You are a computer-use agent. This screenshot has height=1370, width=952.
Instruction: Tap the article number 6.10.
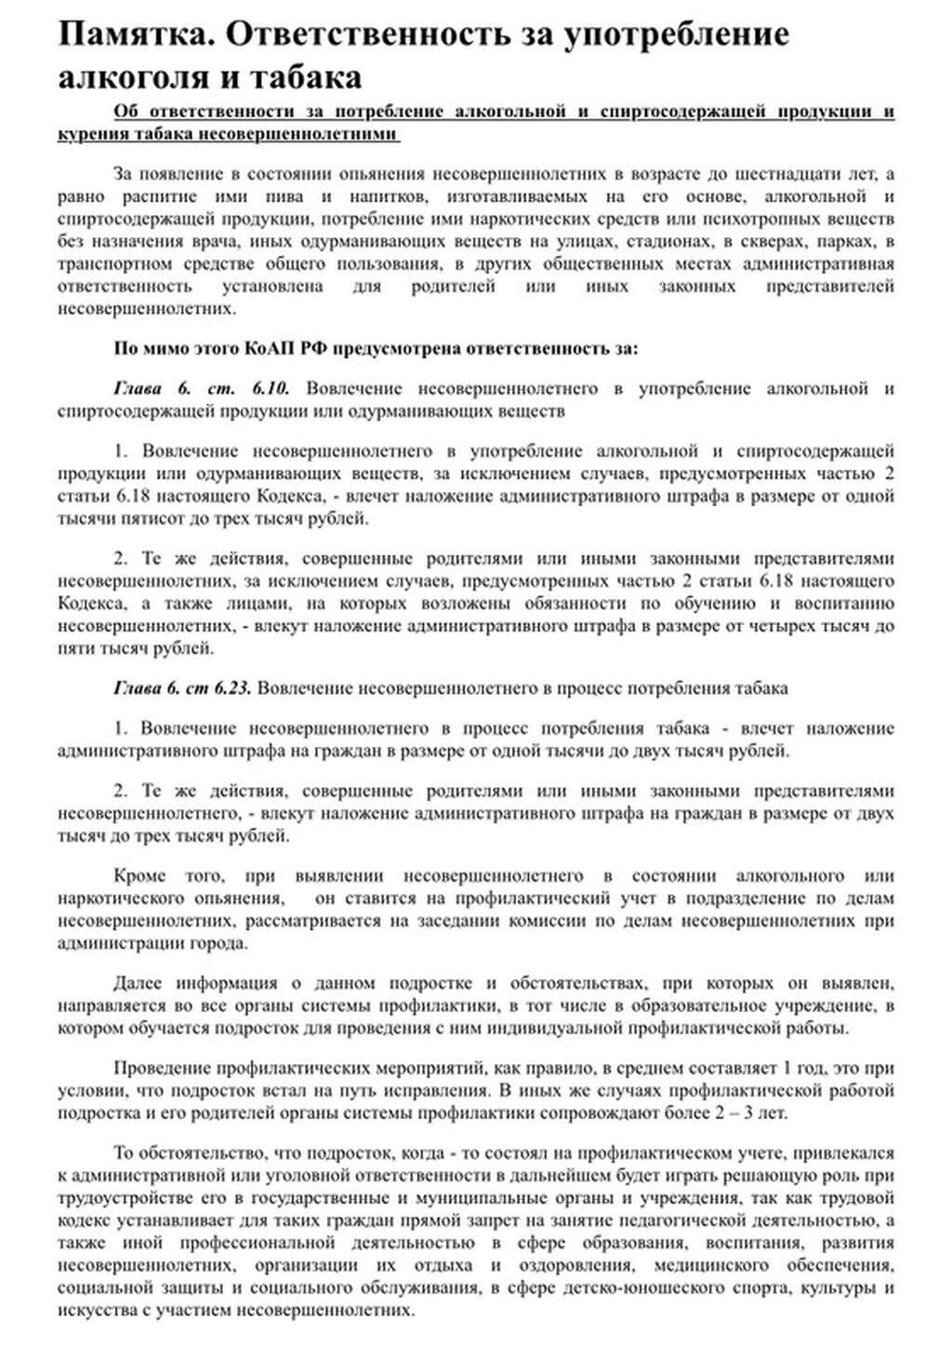271,388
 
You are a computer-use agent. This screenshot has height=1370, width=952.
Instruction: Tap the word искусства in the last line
92,1310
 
